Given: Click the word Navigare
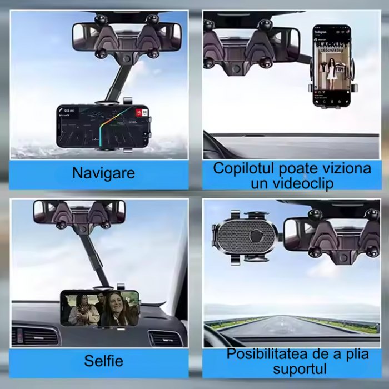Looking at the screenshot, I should click(x=103, y=173).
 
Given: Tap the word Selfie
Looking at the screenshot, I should click(x=103, y=361).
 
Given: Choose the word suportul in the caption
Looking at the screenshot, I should click(x=292, y=368).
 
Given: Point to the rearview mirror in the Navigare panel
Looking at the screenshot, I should click(x=127, y=37).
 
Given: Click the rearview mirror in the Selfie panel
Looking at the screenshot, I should click(x=79, y=212).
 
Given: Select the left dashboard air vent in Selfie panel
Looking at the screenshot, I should click(x=35, y=336).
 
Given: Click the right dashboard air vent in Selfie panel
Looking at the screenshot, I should click(x=166, y=338).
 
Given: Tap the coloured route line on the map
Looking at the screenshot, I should click(x=106, y=128).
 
